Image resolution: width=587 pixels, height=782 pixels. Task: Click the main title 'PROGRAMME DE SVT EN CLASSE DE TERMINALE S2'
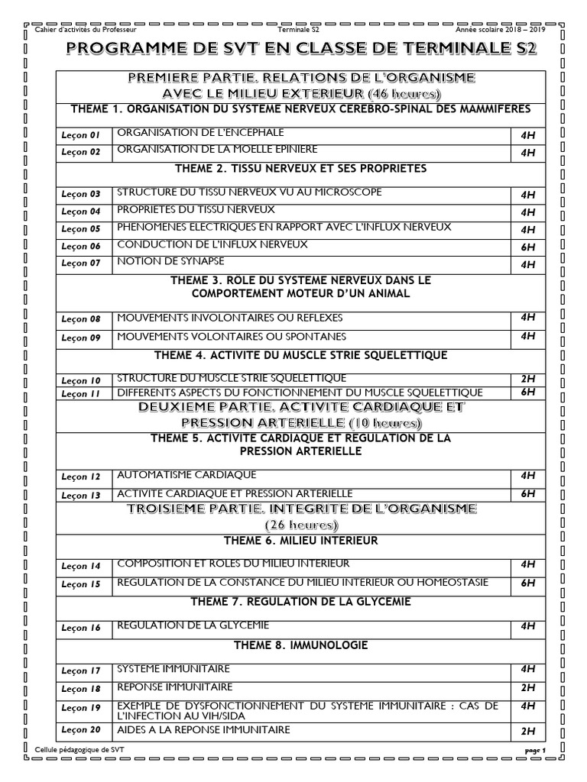point(301,50)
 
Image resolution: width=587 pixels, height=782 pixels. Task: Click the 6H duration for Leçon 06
point(527,247)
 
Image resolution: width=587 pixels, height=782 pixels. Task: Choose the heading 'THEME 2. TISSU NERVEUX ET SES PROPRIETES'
point(301,168)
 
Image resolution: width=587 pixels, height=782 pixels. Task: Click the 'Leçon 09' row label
point(81,338)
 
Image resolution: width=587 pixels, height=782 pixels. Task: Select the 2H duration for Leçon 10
point(527,379)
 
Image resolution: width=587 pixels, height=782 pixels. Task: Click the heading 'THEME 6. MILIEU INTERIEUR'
point(301,541)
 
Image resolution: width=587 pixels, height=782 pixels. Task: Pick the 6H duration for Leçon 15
point(527,583)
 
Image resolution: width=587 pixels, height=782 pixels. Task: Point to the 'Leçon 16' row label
point(81,628)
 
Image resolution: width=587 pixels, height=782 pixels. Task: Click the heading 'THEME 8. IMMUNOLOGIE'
point(301,645)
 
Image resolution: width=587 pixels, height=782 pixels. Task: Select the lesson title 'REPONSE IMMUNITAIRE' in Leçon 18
point(174,687)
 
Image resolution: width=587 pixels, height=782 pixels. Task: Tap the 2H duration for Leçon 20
point(527,732)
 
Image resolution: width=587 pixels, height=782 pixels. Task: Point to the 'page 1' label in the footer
point(537,751)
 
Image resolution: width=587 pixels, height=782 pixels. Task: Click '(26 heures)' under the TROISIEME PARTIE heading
point(301,525)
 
